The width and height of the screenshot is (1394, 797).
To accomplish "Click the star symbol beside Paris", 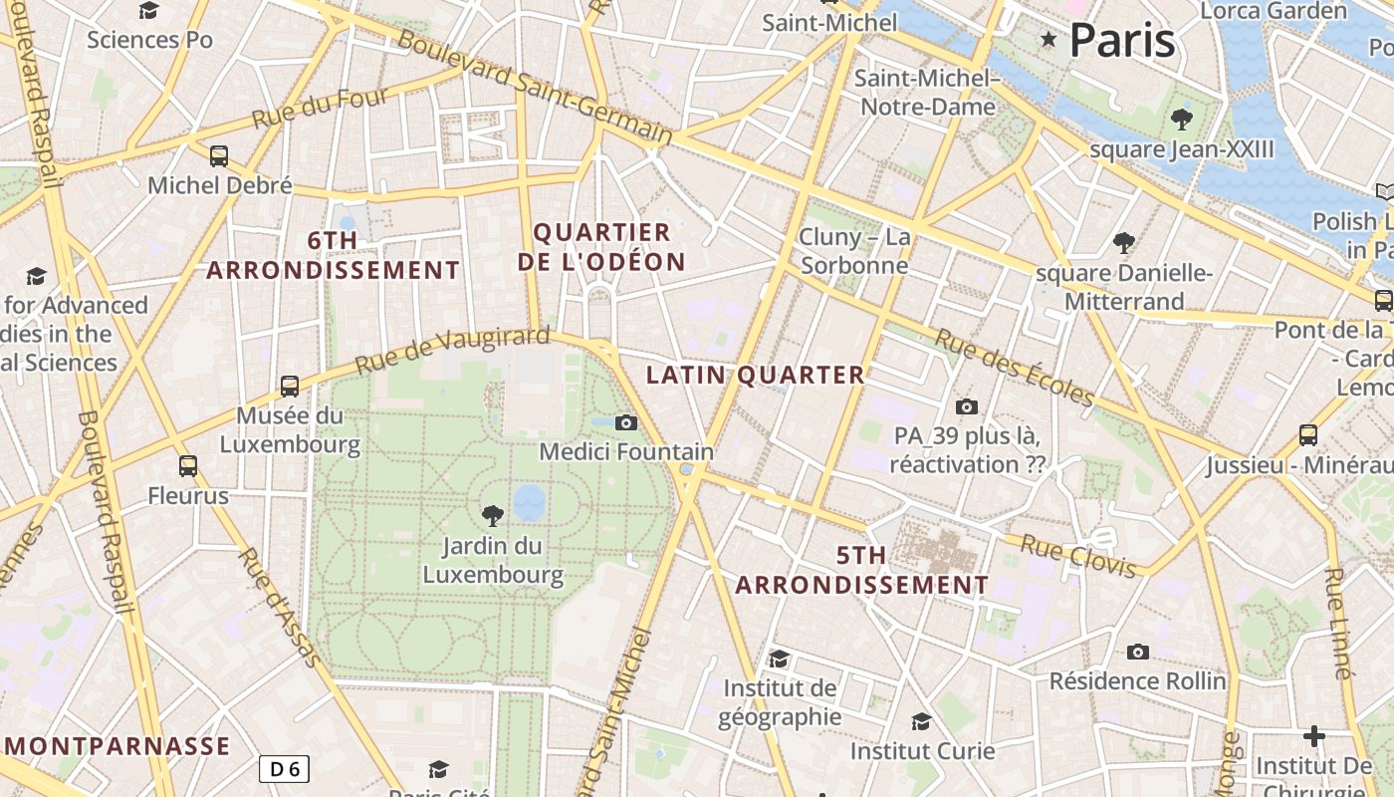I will pyautogui.click(x=1047, y=40).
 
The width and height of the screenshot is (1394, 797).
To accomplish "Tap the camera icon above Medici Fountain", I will pyautogui.click(x=625, y=422).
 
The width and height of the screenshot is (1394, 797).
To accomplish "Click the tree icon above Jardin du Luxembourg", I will pyautogui.click(x=492, y=515).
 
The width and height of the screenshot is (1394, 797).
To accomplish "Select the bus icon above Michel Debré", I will pyautogui.click(x=219, y=155).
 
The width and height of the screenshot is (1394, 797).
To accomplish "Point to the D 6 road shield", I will pyautogui.click(x=284, y=768).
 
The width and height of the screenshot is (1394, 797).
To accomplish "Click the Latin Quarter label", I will pyautogui.click(x=756, y=376).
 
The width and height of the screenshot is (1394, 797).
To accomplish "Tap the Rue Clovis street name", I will pyautogui.click(x=1078, y=556).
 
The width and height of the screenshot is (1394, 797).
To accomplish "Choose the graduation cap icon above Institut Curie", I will pyautogui.click(x=921, y=720).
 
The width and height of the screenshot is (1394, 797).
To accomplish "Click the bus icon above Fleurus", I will pyautogui.click(x=188, y=465).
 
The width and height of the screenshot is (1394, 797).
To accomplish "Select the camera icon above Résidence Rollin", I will pyautogui.click(x=1137, y=652).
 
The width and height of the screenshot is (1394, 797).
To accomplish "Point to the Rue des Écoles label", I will pyautogui.click(x=1014, y=368).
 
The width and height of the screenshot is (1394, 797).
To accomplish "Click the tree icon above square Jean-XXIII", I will pyautogui.click(x=1182, y=120).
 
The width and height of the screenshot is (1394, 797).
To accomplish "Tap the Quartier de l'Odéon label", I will pyautogui.click(x=609, y=247).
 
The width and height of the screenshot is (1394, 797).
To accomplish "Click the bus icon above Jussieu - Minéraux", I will pyautogui.click(x=1308, y=434).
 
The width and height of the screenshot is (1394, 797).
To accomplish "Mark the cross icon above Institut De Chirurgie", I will pyautogui.click(x=1314, y=736).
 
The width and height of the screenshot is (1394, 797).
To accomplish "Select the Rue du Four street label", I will pyautogui.click(x=320, y=108).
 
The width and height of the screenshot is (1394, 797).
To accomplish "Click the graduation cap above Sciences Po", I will pyautogui.click(x=149, y=10).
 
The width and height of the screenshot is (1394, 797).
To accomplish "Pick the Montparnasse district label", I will pyautogui.click(x=117, y=746).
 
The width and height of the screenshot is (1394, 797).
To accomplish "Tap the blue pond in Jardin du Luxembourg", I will pyautogui.click(x=529, y=503).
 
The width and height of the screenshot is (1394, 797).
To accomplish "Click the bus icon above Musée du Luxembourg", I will pyautogui.click(x=290, y=386).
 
